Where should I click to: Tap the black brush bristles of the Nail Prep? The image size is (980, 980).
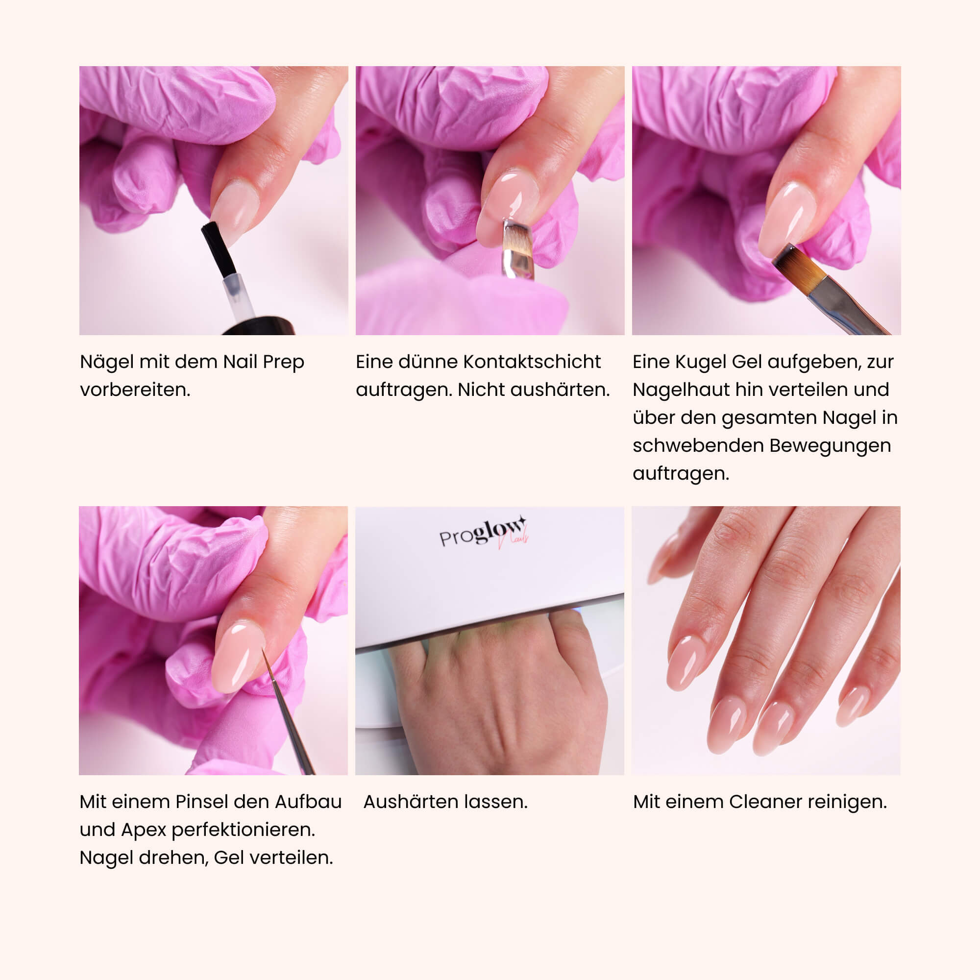pos(218,248)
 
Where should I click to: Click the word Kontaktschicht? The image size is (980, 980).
pos(532,362)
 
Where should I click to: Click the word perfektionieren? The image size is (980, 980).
pos(244,830)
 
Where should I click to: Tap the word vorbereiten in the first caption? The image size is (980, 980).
pos(135,390)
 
